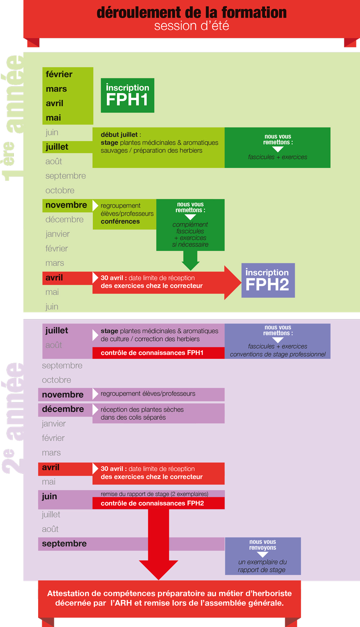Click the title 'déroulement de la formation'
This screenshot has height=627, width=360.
192,12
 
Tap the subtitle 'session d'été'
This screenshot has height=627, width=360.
192,26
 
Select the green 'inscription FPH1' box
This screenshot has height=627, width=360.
127,95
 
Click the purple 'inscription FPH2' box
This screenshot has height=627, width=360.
268,280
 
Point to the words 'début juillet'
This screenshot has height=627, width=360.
119,135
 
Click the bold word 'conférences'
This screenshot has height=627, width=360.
120,221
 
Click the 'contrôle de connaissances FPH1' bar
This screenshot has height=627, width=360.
159,353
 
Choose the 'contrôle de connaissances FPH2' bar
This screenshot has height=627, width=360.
159,503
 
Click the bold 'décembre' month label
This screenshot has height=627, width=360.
63,409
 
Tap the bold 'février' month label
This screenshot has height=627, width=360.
59,74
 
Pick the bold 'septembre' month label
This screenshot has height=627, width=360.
64,544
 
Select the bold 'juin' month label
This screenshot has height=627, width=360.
49,497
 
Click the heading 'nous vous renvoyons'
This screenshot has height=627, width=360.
263,545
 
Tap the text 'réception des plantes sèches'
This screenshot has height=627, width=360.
142,409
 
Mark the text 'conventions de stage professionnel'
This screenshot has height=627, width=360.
278,354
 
